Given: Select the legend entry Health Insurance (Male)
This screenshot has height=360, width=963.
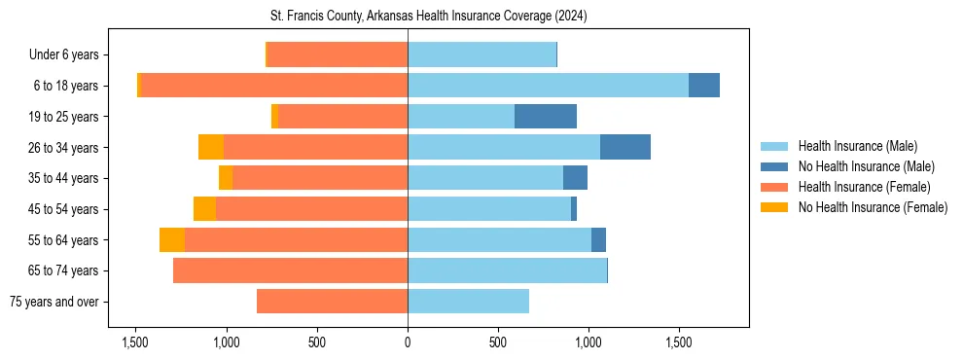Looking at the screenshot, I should pos(857,146).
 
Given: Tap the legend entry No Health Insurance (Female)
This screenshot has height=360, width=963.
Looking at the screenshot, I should pos(873,207).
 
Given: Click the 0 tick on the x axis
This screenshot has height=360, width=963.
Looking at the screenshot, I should pos(408,342).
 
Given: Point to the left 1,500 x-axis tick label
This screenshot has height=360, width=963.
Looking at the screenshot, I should pos(135,342).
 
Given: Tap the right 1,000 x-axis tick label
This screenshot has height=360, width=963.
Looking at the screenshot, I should pos(588,342).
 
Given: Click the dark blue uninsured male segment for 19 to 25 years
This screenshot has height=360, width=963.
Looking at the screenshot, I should pos(546,117).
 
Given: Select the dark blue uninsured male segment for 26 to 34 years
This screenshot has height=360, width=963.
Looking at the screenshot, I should pos(625,147).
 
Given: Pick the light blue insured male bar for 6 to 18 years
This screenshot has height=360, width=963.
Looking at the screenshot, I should pos(548,86).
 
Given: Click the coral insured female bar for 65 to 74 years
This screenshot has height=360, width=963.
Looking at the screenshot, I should pos(290,270).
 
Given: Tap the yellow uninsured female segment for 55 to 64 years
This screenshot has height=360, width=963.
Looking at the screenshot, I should pos(172,239).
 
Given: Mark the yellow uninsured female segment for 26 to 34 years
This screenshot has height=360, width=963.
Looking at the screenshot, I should pos(211,147).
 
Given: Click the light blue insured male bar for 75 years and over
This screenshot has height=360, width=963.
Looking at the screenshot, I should pos(468,302).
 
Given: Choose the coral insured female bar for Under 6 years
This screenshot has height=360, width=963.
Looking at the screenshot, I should pos(337,55).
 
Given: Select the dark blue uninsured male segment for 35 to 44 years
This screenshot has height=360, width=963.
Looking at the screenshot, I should pos(575,178).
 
